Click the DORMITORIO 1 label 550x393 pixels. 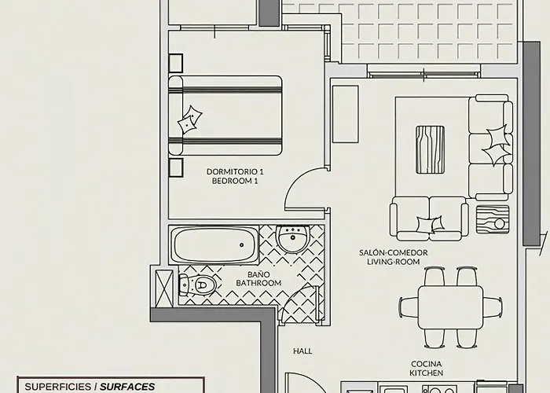point(235,171)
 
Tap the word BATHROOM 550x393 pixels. point(258,283)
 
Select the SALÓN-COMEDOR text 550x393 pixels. point(393,252)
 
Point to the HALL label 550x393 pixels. point(303,351)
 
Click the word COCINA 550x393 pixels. point(426,364)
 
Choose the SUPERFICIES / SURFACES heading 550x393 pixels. point(90,387)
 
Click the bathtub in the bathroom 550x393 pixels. point(215,245)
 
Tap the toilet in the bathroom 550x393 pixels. point(197,285)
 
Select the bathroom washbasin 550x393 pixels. point(293,239)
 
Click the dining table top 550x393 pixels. point(449,307)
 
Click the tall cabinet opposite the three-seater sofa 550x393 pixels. point(345,114)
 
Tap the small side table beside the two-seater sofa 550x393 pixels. point(493,218)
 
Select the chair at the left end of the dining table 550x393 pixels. point(409,307)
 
